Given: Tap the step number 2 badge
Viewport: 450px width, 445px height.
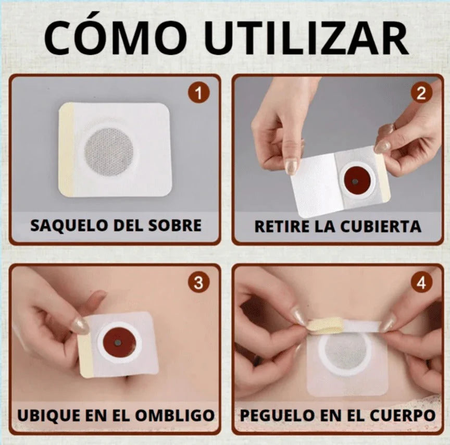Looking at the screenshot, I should tap(421, 93).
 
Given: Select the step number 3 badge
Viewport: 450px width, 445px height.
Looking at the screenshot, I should tap(198, 283).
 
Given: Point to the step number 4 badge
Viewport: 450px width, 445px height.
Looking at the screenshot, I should tap(421, 283).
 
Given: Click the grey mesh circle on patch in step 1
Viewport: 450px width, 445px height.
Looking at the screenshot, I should tap(108, 151).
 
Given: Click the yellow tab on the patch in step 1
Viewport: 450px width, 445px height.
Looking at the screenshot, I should tap(66, 150).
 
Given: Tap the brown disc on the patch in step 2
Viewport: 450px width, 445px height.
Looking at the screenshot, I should tap(355, 181).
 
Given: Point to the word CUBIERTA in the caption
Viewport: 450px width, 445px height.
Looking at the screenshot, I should tap(381, 226).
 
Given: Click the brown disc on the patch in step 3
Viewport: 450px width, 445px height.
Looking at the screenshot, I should tap(119, 342).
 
